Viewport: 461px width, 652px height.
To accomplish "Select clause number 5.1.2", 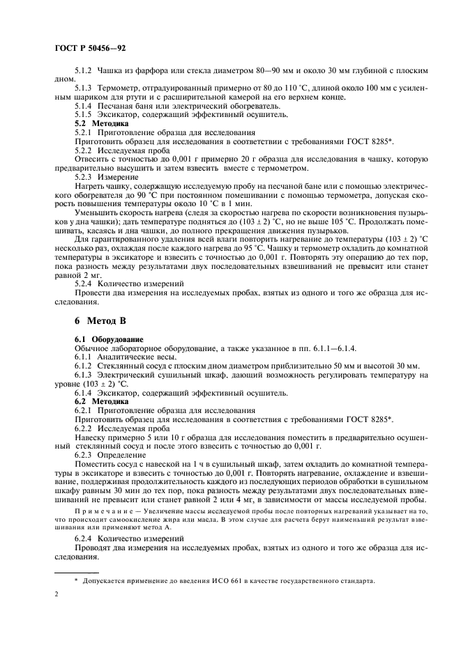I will pos(84,72).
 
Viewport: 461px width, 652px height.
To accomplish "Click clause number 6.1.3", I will pos(84,376).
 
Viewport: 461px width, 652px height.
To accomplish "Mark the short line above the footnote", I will pos(76,570).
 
